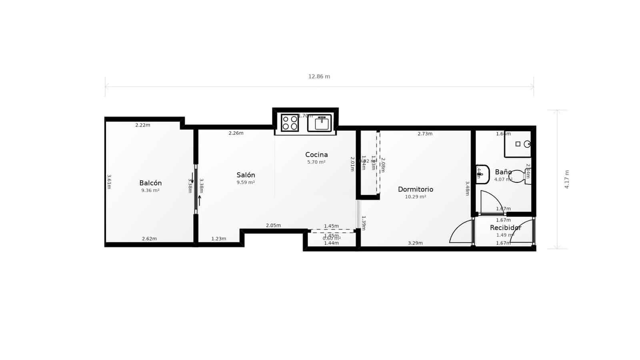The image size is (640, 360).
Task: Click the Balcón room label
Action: (150, 183)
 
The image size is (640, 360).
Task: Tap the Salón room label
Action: (246, 175)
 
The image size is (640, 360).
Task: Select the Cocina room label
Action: (316, 155)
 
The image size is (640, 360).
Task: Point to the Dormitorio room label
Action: (415, 190)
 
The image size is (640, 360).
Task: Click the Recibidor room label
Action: (506, 228)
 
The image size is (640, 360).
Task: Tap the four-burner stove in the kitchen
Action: (290, 123)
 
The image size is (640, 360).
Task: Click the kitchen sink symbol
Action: (320, 123)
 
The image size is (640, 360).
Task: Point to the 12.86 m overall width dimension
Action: (319, 77)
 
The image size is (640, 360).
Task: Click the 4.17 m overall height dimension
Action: (566, 179)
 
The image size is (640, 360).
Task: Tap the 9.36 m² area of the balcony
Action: (150, 191)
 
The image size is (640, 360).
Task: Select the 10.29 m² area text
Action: (415, 197)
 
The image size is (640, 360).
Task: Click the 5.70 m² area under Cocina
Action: (316, 162)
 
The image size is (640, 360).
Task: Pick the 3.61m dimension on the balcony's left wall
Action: (109, 181)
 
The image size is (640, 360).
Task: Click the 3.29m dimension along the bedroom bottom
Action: (415, 243)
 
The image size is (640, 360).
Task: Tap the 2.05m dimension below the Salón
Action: (273, 226)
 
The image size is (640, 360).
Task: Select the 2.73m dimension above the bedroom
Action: (425, 134)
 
